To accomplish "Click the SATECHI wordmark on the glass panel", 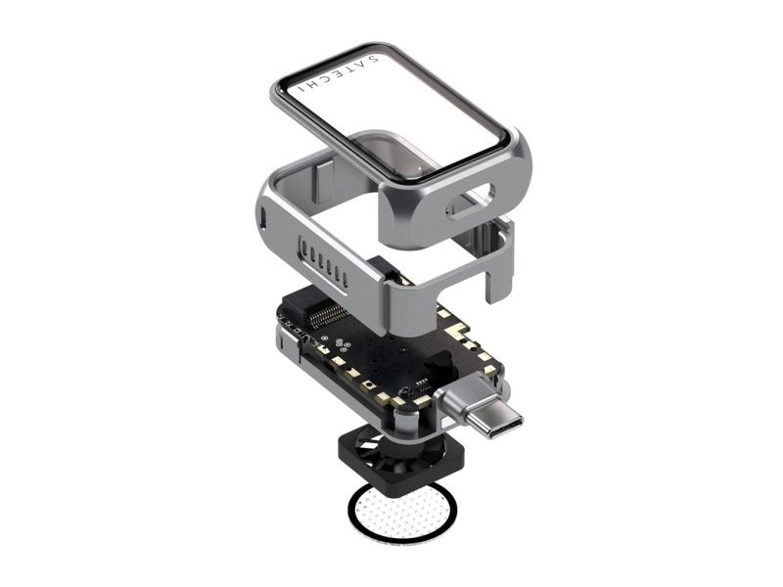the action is (x=339, y=74).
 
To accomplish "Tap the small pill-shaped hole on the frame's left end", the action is (x=263, y=217).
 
